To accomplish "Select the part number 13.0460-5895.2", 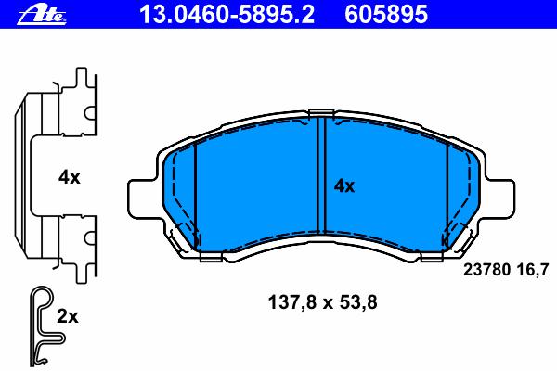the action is coord(227,15).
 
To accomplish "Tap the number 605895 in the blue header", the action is coord(386,15).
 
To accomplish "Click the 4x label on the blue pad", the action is coord(343,186).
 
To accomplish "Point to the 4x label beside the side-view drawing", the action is coord(70,177).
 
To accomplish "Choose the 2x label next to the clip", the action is coord(68,316).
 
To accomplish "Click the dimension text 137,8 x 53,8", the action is coord(322,303).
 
